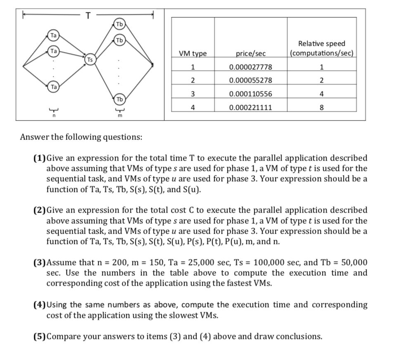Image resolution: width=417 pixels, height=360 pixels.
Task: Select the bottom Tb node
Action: point(119,99)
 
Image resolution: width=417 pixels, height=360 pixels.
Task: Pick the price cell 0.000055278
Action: point(251,80)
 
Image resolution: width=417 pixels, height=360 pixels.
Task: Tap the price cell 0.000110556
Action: point(251,94)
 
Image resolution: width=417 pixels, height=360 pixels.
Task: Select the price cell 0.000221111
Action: point(251,107)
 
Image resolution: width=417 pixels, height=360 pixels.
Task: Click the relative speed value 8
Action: point(322,107)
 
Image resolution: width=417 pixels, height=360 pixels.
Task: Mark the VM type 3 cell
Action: point(192,94)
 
